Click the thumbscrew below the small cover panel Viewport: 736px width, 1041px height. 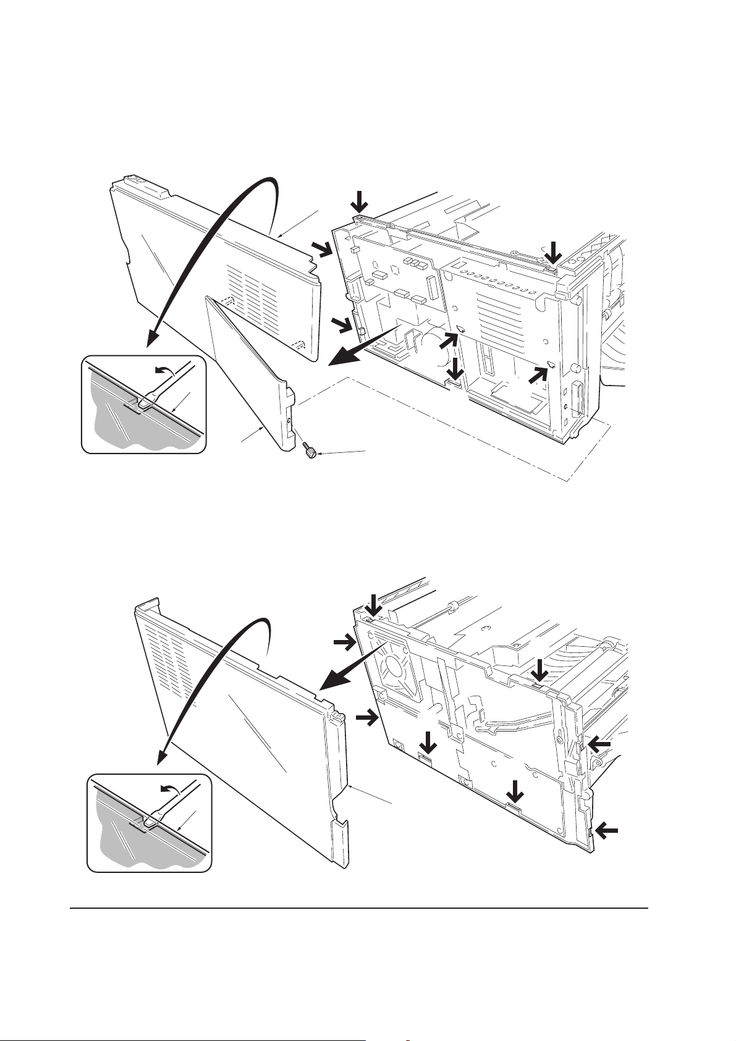click(310, 454)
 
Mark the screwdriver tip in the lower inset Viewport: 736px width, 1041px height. click(150, 822)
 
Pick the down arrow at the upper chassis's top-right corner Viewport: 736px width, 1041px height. click(554, 253)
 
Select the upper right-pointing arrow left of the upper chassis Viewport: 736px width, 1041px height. click(321, 250)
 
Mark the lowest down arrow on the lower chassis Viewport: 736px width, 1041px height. click(514, 793)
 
